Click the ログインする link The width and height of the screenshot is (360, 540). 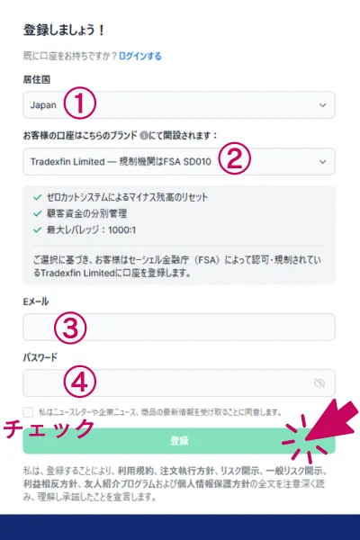139,56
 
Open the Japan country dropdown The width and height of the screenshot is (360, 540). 179,105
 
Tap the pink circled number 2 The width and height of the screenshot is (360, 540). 233,161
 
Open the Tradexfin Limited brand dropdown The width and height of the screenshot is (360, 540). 179,162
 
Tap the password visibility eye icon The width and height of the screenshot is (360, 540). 319,383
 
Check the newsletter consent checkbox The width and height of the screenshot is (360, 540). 30,411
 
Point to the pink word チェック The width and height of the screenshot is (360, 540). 49,428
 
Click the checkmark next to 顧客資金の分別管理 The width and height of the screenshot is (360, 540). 36,213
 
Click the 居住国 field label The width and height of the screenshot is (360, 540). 37,79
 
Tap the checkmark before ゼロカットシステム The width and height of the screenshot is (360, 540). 36,197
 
